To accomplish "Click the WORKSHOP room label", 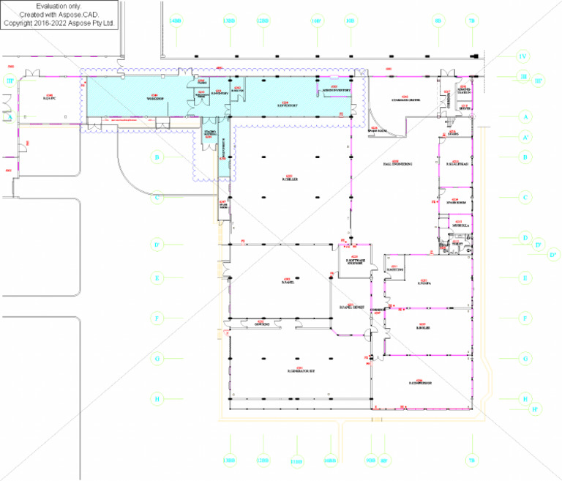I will pyautogui.click(x=154, y=99).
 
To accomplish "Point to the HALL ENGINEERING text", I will pyautogui.click(x=397, y=164).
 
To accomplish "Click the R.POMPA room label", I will pyautogui.click(x=423, y=283).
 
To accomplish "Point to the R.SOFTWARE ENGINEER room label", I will pyautogui.click(x=356, y=260).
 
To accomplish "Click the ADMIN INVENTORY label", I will pyautogui.click(x=335, y=90).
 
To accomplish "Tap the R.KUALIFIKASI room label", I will pyautogui.click(x=457, y=164).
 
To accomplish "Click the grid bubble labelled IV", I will pyautogui.click(x=522, y=56).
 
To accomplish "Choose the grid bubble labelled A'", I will pyautogui.click(x=525, y=136).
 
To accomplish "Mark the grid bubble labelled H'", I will pyautogui.click(x=536, y=409).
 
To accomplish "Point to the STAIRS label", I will pyautogui.click(x=453, y=135).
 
